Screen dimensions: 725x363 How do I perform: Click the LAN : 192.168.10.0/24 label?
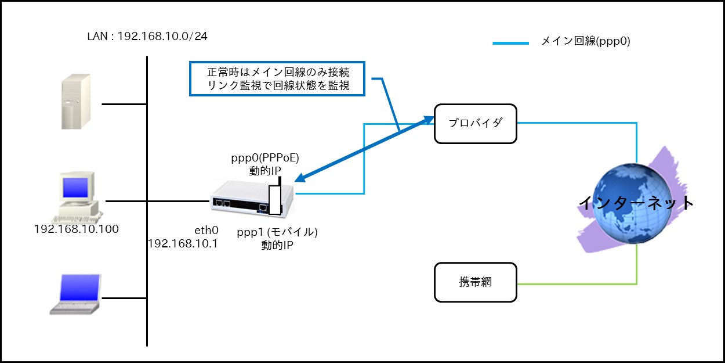[x=147, y=36]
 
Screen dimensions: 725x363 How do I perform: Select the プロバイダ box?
[x=475, y=124]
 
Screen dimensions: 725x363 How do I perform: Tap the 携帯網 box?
[x=475, y=282]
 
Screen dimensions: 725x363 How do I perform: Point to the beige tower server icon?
[x=76, y=102]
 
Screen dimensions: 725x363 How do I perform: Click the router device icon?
[x=252, y=199]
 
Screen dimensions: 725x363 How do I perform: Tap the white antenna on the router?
[x=275, y=200]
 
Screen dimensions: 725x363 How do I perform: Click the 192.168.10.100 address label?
[x=77, y=229]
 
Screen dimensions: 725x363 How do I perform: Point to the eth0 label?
[x=206, y=231]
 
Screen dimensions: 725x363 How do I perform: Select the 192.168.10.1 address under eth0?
[x=183, y=244]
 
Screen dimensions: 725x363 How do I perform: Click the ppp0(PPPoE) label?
[x=264, y=158]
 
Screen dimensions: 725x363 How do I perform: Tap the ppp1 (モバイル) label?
[x=277, y=232]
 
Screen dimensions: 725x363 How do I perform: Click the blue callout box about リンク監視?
[x=277, y=79]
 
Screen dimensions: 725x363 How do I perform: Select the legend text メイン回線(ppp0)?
[x=586, y=41]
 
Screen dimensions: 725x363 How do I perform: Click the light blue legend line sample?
[x=511, y=43]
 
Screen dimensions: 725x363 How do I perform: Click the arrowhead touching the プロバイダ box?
[x=429, y=120]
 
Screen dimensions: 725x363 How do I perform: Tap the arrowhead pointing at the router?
[x=300, y=178]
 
